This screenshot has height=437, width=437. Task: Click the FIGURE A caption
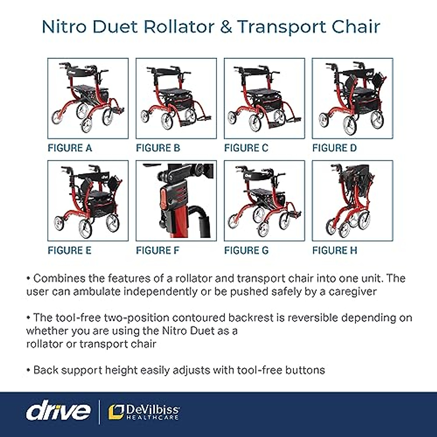click(70, 148)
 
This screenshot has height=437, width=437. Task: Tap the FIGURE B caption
click(158, 148)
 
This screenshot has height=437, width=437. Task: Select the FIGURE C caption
click(246, 148)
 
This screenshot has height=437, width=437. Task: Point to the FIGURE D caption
click(334, 148)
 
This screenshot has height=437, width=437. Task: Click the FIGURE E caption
click(70, 251)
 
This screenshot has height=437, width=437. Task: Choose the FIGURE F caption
click(158, 251)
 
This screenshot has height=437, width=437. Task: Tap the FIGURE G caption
click(246, 251)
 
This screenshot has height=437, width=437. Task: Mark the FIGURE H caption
click(335, 251)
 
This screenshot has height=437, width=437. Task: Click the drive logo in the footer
click(58, 412)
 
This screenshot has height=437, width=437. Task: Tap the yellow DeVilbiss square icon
click(116, 412)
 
